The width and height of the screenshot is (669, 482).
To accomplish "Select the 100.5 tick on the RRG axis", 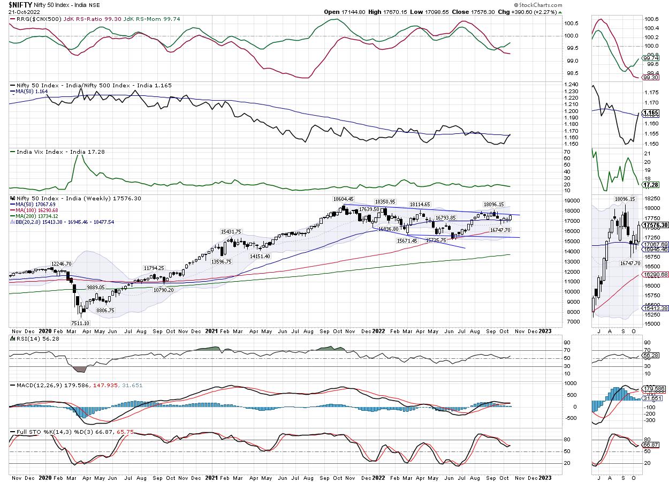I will click(571, 24).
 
